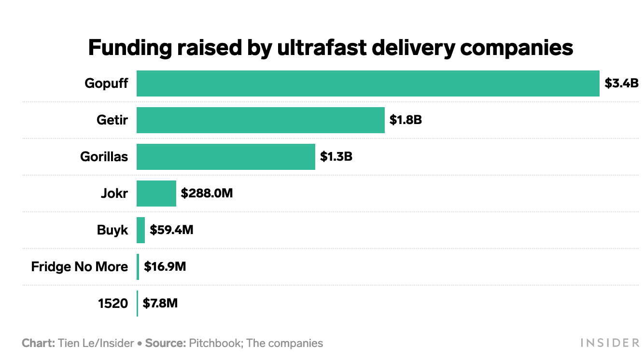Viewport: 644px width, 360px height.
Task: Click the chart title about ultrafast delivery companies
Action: point(330,48)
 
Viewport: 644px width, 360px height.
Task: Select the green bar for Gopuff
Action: point(368,83)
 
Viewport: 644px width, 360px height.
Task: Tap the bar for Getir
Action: point(261,120)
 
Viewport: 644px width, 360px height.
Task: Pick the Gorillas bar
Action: point(226,157)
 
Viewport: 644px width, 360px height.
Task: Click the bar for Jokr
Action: point(156,194)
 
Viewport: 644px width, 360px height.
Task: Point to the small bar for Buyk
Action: point(140,230)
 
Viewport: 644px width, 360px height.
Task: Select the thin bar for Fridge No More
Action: point(138,267)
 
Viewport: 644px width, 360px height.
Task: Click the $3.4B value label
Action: point(622,83)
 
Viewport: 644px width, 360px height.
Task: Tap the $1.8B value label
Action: point(406,120)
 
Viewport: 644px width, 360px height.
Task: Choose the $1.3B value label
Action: point(336,157)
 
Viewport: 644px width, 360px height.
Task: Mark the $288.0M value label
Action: point(207,194)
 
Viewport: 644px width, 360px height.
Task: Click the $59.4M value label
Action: point(171,230)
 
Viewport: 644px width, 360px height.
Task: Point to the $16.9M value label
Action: point(165,267)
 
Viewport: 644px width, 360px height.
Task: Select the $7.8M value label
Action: point(160,304)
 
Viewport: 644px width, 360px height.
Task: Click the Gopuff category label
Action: point(106,83)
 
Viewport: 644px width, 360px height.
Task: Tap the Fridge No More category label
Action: point(80,267)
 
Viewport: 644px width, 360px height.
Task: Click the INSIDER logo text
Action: point(609,343)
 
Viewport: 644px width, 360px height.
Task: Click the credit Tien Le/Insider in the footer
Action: point(96,344)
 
